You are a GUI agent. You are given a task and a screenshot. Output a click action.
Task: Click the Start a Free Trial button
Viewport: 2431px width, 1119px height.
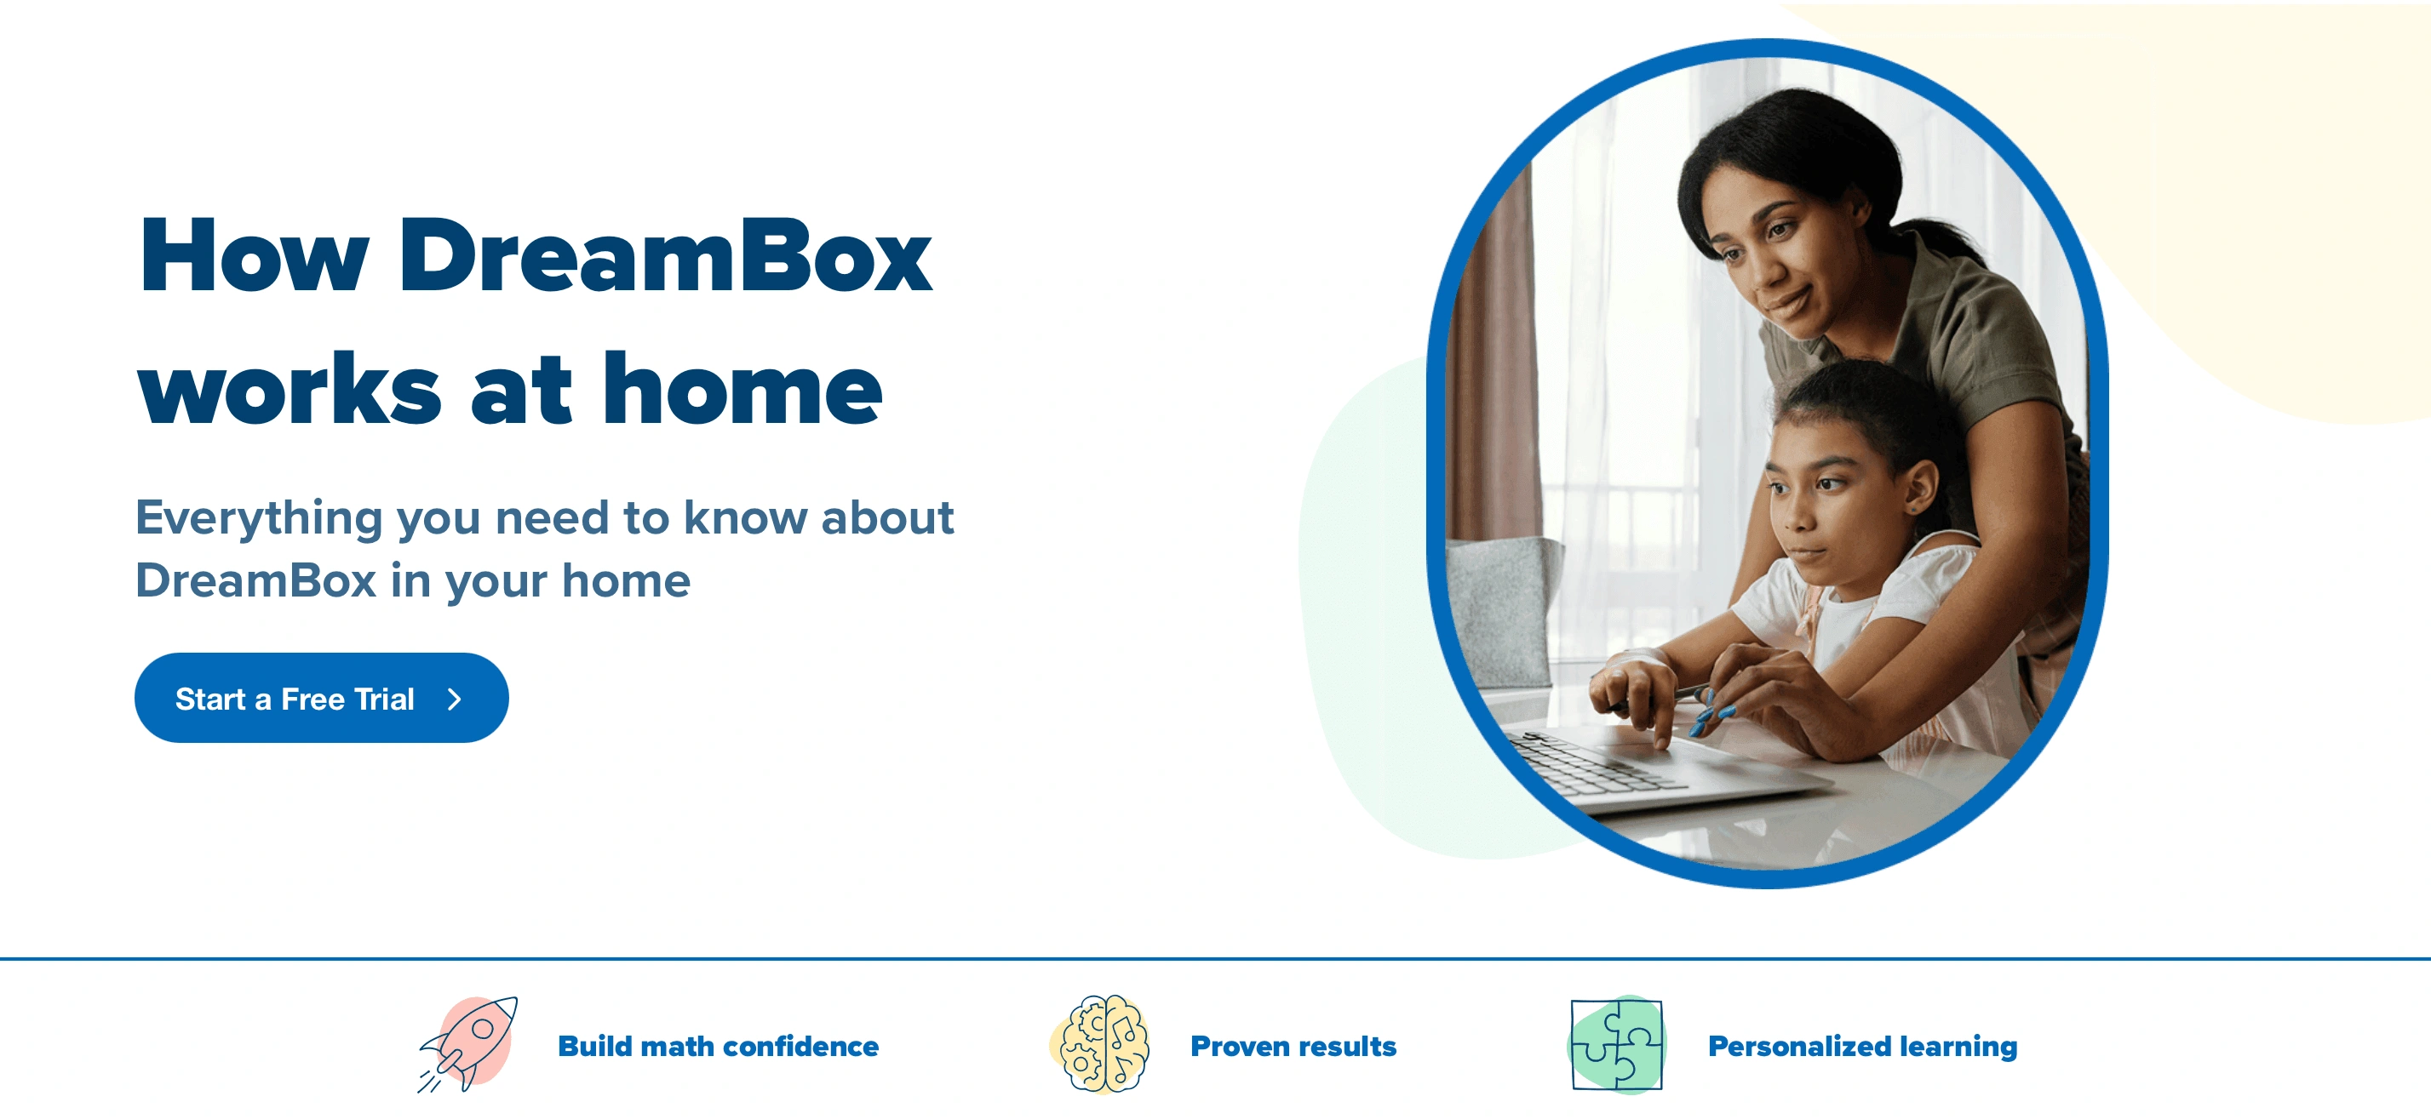click(321, 698)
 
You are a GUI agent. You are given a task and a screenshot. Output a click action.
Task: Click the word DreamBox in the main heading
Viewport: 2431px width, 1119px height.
click(664, 257)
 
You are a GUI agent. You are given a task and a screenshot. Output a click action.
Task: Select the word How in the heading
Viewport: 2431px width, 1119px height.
click(253, 257)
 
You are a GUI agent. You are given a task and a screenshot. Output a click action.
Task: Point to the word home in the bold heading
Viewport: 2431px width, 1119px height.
click(742, 389)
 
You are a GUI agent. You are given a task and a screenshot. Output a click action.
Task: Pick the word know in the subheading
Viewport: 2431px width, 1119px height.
click(746, 518)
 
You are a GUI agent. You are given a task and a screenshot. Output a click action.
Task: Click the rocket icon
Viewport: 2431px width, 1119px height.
click(469, 1044)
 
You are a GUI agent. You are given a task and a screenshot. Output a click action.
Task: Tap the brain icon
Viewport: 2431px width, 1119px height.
click(1101, 1044)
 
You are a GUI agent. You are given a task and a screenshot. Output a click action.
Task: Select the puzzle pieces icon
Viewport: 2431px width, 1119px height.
click(1617, 1044)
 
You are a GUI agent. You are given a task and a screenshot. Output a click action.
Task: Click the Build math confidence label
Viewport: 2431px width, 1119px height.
click(718, 1047)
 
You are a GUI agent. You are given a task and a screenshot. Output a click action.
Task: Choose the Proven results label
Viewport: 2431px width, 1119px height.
click(1293, 1047)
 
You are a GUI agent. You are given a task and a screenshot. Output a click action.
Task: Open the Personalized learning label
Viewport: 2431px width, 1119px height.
click(1862, 1047)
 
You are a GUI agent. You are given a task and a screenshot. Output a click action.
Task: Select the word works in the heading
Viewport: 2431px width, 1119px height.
click(289, 389)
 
